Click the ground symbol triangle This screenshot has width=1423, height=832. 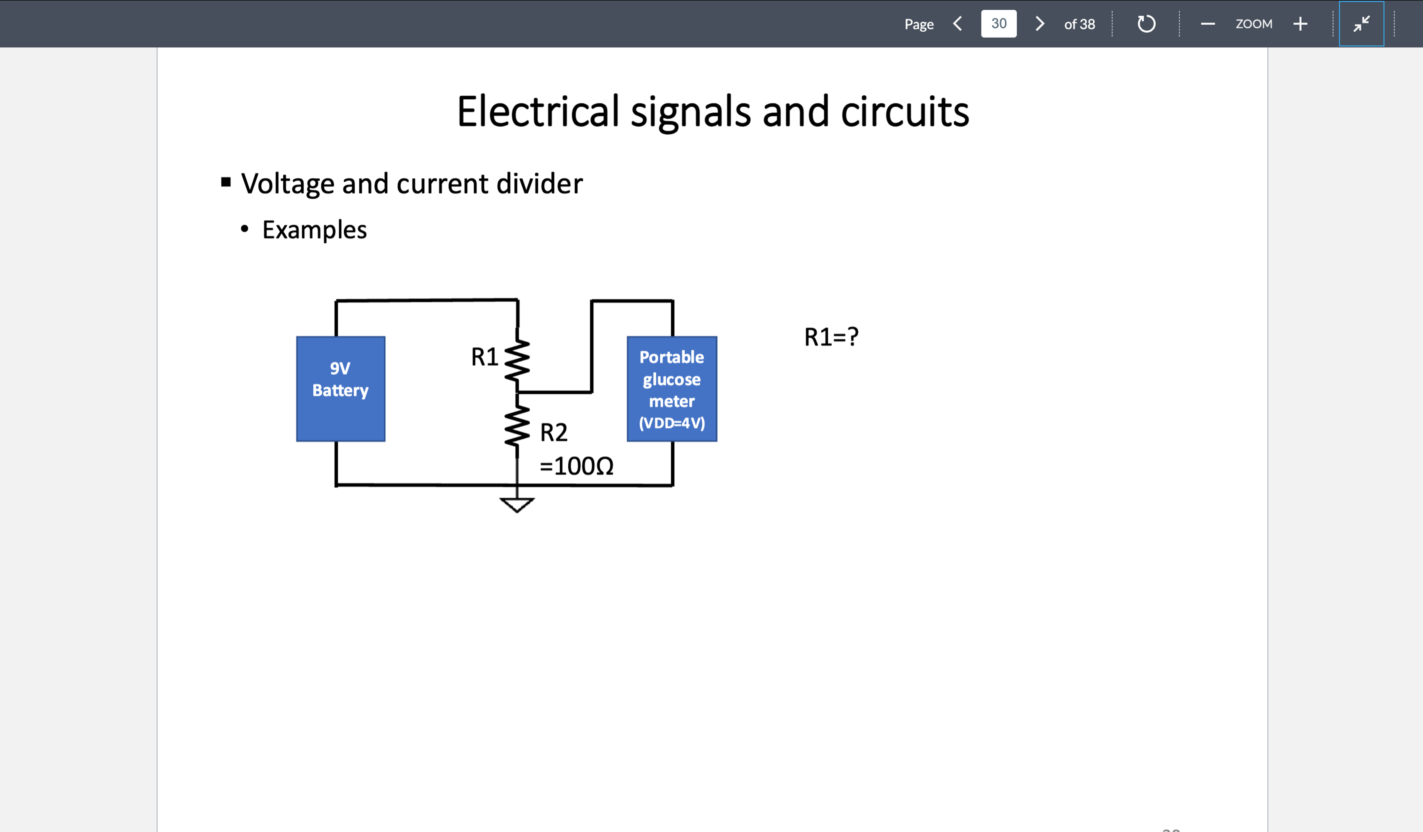point(517,504)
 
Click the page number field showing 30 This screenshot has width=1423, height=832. point(998,24)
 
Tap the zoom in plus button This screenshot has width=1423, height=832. point(1300,24)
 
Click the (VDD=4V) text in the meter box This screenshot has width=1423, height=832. point(671,423)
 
